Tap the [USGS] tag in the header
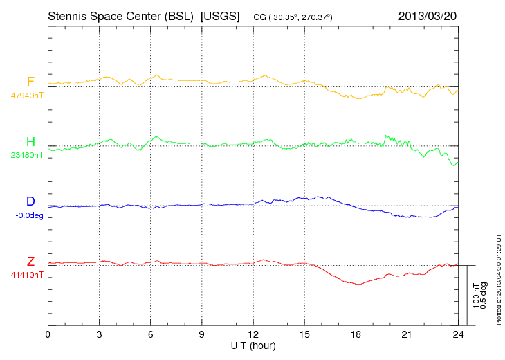point(219,16)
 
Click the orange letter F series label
point(30,82)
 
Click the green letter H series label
point(30,142)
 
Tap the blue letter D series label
point(30,201)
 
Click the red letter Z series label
point(30,261)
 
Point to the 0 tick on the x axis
point(48,334)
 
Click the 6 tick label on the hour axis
point(150,334)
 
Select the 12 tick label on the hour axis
point(252,334)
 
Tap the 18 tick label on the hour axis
point(356,334)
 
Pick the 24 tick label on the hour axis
point(458,334)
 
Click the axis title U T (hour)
point(253,345)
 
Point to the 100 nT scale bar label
point(476,296)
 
